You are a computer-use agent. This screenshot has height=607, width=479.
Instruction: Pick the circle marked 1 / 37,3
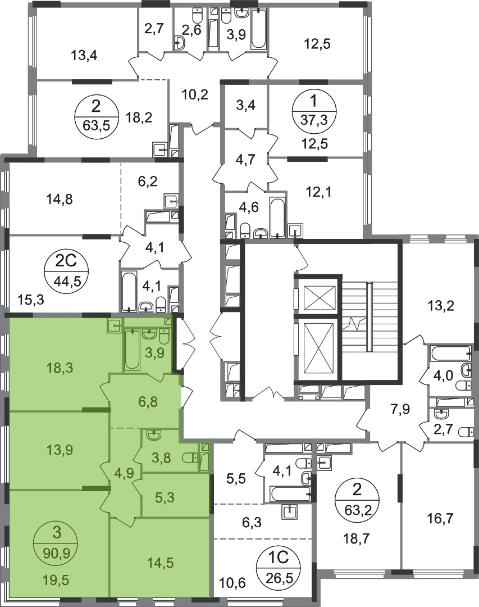coord(314,111)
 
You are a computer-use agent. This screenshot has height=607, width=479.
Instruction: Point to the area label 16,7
coord(441,518)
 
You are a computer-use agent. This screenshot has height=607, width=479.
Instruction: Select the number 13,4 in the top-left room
coord(84,56)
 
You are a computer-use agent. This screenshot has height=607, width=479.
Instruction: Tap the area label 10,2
coord(195,94)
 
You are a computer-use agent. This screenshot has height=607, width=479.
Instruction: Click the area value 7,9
coord(400,409)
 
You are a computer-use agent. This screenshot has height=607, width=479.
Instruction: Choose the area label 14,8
coord(60,200)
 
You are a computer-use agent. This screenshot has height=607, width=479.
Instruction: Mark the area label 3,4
coord(246,105)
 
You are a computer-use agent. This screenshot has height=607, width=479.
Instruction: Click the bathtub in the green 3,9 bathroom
coord(132,349)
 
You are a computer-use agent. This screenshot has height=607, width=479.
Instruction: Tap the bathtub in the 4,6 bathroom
coord(277,218)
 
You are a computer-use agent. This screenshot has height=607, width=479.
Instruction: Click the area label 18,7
coord(355,538)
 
